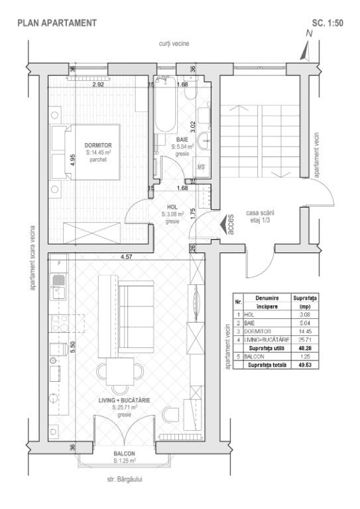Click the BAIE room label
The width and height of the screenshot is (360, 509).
pyautogui.click(x=182, y=139)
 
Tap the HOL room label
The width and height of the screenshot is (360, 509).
pyautogui.click(x=172, y=207)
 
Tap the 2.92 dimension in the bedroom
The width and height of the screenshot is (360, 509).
pyautogui.click(x=98, y=85)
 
